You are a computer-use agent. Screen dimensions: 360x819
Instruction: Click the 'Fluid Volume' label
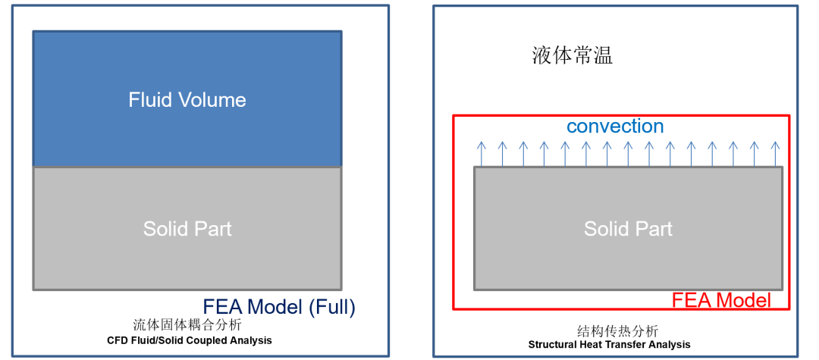pos(187,100)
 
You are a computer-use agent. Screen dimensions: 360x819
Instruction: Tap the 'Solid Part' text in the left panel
pos(187,228)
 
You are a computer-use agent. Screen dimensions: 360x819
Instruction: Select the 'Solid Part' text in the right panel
pos(628,228)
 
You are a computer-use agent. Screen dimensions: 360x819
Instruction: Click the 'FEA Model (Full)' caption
pos(279,307)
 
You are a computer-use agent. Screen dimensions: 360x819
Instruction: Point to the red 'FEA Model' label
pos(721,300)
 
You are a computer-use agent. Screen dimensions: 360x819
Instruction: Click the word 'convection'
pos(615,126)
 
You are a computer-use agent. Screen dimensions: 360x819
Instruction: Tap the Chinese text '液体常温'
pos(573,56)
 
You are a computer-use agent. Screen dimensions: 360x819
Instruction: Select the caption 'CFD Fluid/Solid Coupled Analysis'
pos(190,341)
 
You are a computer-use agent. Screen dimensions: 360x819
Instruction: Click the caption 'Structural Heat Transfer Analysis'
pos(610,345)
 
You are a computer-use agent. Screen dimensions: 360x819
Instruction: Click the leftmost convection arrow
pos(480,153)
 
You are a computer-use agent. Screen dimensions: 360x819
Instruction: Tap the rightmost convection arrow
pos(774,153)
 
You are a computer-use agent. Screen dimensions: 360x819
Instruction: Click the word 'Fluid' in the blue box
pos(149,100)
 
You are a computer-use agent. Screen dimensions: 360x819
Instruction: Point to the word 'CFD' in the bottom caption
pos(118,341)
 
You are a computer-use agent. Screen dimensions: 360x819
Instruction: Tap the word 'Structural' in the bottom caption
pos(552,345)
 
